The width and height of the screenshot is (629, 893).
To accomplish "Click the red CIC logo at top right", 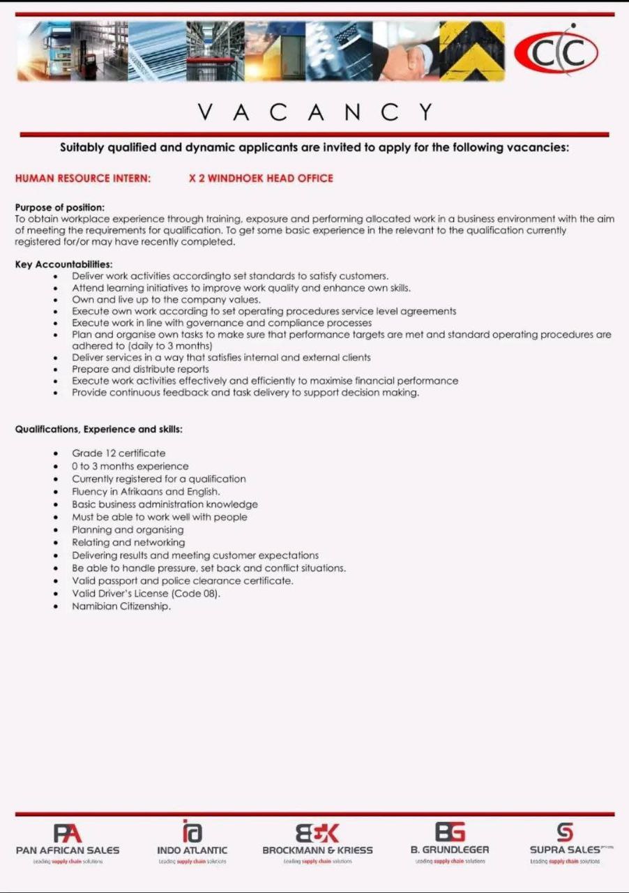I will [x=556, y=52].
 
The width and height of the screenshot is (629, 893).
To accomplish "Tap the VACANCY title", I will [x=315, y=112].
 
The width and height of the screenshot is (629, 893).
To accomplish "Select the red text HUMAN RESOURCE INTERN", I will [x=83, y=179].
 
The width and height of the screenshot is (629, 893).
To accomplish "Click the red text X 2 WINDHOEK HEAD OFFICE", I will [x=261, y=179].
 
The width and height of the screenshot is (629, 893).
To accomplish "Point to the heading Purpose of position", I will [x=60, y=207].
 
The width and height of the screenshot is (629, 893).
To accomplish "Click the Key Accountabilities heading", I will [x=63, y=264].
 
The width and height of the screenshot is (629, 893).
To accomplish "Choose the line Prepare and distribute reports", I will [x=140, y=369].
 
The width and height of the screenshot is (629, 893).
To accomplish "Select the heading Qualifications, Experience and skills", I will [x=99, y=430].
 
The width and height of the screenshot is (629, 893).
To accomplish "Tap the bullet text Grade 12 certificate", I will [x=119, y=453].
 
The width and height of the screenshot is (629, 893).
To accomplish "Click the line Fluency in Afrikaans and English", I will [x=146, y=492].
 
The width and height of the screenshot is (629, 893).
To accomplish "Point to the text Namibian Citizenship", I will [x=121, y=606].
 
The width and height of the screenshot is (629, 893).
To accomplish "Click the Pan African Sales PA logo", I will [x=68, y=833].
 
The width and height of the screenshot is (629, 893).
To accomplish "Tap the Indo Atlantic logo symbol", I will [x=192, y=832].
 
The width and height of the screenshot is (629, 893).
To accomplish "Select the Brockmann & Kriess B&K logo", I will [x=317, y=833].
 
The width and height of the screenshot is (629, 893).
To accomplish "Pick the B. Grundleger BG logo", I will [x=450, y=832].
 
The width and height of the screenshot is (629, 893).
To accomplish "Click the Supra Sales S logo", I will [x=565, y=832].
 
